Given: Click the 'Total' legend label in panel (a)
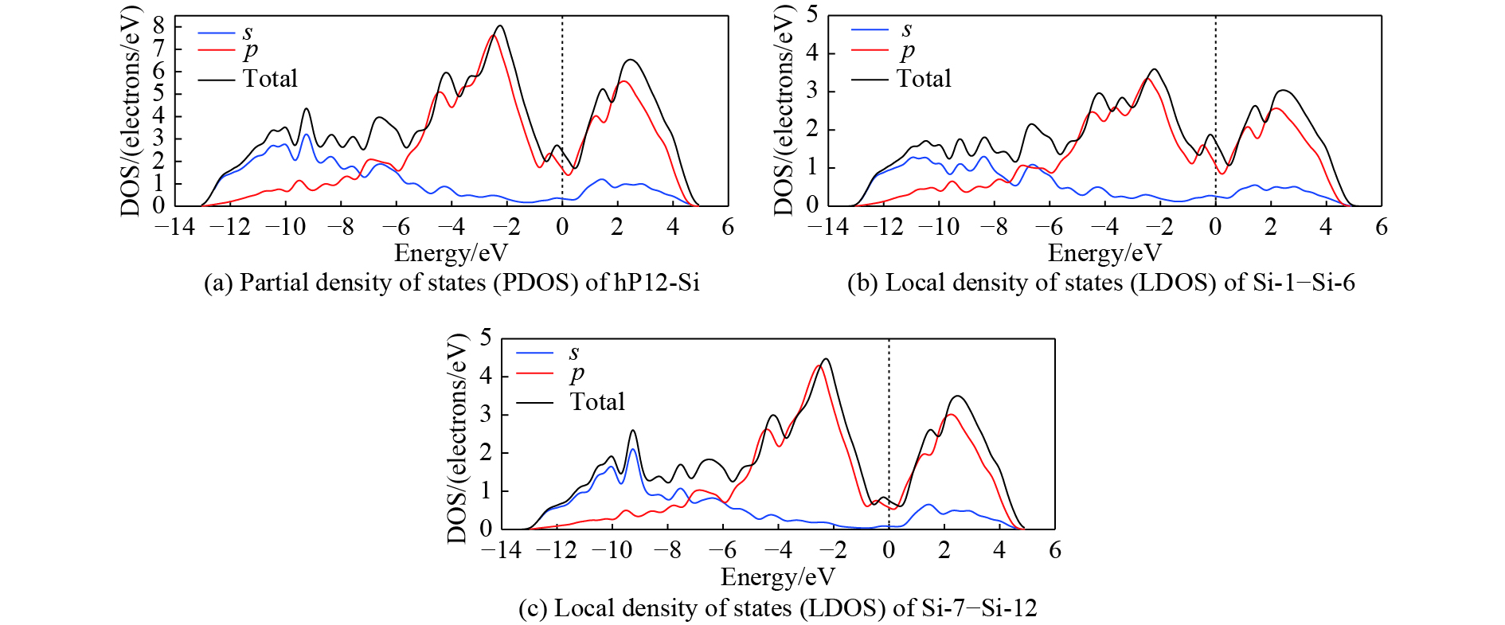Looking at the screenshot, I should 270,79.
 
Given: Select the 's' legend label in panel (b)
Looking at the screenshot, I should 906,29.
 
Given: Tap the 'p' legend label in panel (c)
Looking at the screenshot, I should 577,373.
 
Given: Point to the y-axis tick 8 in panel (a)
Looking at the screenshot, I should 158,25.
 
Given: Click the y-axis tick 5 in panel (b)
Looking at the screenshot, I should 812,14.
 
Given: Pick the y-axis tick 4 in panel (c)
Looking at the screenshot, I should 486,376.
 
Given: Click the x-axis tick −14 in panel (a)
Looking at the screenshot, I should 174,228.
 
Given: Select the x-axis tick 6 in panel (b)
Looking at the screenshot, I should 1382,228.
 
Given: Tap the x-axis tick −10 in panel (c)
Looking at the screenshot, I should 611,551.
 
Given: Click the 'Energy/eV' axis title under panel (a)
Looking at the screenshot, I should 451,253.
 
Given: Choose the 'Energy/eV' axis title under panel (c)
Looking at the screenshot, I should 777,576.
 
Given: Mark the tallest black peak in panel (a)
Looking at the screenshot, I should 500,25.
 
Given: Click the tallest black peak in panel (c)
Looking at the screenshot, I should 826,359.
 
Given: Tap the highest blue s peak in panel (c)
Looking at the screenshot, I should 633,450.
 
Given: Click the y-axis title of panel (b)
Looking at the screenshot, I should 784,111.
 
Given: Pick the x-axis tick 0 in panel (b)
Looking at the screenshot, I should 1215,228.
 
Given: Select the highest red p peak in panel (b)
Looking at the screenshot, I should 1147,78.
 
